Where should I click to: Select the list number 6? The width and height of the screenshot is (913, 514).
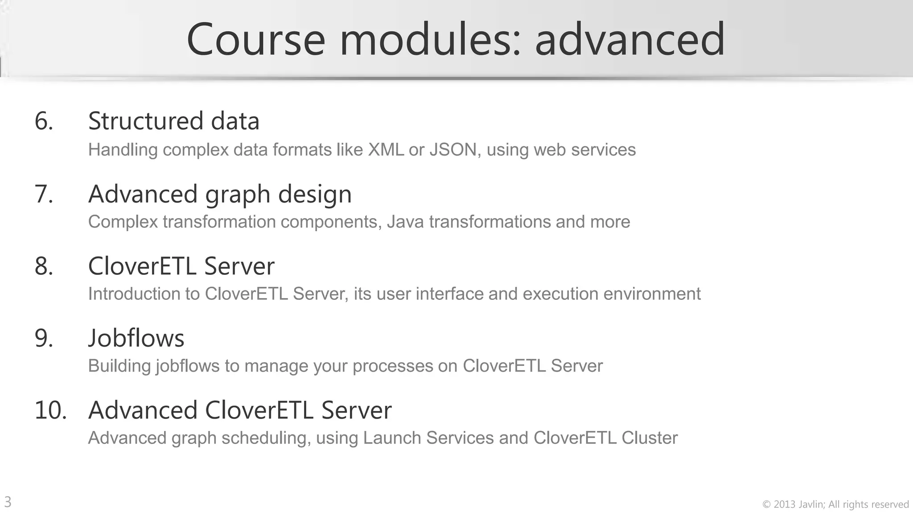tap(44, 121)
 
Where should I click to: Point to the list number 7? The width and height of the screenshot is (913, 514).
tap(44, 194)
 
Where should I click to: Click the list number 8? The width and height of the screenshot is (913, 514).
tap(44, 266)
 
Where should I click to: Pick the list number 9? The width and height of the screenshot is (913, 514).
tap(44, 338)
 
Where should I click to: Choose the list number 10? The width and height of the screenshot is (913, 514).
tap(50, 410)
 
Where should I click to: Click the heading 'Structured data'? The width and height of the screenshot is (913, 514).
tap(174, 121)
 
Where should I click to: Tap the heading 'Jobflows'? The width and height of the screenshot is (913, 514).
tap(136, 338)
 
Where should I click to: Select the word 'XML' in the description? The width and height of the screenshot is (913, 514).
tap(386, 150)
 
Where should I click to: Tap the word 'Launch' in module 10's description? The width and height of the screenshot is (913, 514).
tap(391, 438)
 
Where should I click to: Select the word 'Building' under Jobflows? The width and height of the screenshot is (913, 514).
tap(119, 366)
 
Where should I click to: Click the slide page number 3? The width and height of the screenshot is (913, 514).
tap(8, 502)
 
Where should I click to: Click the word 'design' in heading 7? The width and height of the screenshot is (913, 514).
tap(315, 195)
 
